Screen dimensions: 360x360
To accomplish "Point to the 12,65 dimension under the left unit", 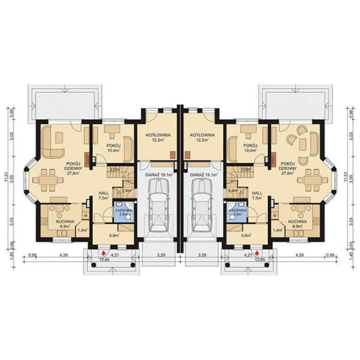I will pos(105,260).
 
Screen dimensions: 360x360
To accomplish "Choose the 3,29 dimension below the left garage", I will pos(160,255).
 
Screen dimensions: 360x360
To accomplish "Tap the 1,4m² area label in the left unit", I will pos(82,230).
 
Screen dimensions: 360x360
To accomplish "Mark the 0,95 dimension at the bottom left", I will pos(32,255).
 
